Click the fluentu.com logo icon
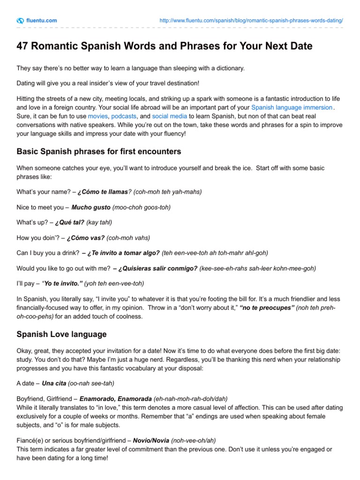tap(20, 21)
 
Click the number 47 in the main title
tap(22, 46)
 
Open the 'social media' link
tap(169, 116)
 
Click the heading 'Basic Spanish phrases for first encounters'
tap(99, 152)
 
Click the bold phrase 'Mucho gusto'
tap(91, 207)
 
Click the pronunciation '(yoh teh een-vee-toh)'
tap(114, 284)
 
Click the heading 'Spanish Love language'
tap(61, 335)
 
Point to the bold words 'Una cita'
tap(54, 383)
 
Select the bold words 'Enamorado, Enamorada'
tap(116, 399)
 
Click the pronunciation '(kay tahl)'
tap(99, 222)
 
